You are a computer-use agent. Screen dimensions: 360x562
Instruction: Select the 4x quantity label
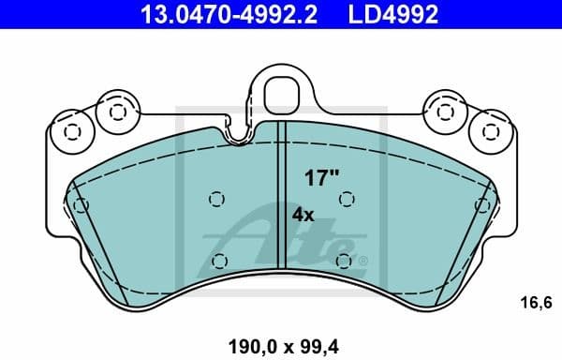pos(303,214)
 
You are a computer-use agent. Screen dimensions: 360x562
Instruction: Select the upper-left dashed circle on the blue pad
pos(217,199)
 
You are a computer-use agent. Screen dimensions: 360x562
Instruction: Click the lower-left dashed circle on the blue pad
pos(219,261)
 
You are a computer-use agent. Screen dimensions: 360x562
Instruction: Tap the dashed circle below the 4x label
pos(345,260)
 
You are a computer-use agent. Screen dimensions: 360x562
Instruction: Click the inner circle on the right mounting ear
pos(446,112)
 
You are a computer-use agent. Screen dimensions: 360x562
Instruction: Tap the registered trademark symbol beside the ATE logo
pos(363,261)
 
